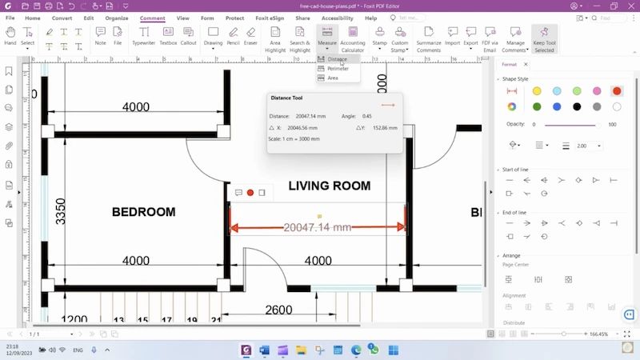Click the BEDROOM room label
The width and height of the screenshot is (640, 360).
click(143, 212)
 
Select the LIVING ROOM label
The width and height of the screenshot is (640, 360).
click(329, 186)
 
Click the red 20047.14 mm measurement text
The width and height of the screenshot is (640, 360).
click(318, 228)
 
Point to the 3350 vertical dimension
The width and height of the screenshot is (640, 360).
click(61, 211)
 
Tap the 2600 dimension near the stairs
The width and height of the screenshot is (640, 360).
click(278, 310)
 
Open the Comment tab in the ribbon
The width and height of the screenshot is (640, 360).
click(152, 18)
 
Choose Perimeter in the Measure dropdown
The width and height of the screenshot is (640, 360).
click(338, 69)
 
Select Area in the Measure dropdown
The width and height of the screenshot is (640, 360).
click(333, 78)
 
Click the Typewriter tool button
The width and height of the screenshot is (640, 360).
click(144, 37)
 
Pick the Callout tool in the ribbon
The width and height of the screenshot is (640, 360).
click(189, 37)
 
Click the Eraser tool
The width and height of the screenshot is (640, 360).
click(251, 37)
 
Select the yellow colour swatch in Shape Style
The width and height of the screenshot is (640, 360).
click(537, 91)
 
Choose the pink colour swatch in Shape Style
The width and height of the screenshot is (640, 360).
click(597, 91)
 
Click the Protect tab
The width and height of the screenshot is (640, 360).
click(235, 18)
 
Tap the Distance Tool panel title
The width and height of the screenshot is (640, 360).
click(286, 98)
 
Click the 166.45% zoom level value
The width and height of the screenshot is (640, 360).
click(598, 334)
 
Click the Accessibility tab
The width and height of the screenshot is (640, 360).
click(337, 18)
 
